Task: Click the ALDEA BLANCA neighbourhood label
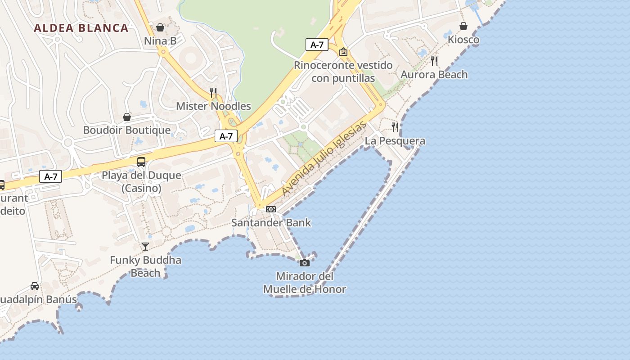81,28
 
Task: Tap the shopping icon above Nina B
160,27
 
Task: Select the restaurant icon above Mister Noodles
213,93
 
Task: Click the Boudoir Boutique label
127,130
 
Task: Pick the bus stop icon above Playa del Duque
141,162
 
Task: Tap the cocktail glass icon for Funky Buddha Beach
145,246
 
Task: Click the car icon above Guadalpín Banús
35,286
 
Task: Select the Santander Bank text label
271,223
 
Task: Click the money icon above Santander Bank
271,209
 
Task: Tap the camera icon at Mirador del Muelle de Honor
305,263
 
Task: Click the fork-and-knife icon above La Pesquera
395,127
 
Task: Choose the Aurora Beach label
434,75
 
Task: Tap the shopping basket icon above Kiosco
463,26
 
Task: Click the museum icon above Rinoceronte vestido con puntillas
343,52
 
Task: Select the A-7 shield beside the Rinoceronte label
317,45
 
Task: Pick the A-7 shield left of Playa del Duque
50,176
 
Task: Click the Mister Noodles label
213,106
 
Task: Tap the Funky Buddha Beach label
145,266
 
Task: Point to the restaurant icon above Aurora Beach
434,61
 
